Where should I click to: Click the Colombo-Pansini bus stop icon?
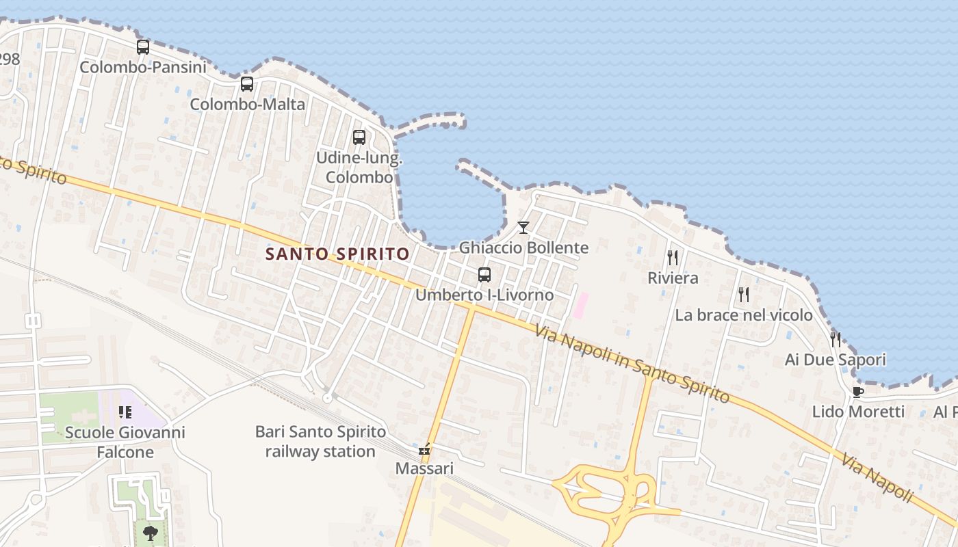pyautogui.click(x=143, y=47)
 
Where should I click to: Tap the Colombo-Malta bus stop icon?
pyautogui.click(x=247, y=84)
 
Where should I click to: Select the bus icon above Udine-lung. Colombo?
pyautogui.click(x=359, y=137)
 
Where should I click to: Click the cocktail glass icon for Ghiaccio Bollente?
pyautogui.click(x=523, y=227)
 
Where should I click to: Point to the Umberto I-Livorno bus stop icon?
pyautogui.click(x=484, y=275)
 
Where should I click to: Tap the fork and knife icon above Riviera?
pyautogui.click(x=673, y=258)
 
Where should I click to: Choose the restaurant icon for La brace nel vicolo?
pyautogui.click(x=744, y=295)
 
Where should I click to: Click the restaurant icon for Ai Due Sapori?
pyautogui.click(x=835, y=339)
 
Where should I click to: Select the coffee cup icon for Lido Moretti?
pyautogui.click(x=857, y=392)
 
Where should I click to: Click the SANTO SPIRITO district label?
pyautogui.click(x=337, y=254)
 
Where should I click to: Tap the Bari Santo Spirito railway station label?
pyautogui.click(x=320, y=442)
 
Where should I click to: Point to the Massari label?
pyautogui.click(x=424, y=469)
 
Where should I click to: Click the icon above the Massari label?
pyautogui.click(x=424, y=449)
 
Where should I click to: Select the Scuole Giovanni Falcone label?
pyautogui.click(x=125, y=442)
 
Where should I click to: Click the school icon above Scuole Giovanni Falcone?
pyautogui.click(x=125, y=412)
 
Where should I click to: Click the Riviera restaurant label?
pyautogui.click(x=673, y=278)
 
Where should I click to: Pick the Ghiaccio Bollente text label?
pyautogui.click(x=523, y=247)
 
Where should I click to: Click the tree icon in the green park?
pyautogui.click(x=150, y=532)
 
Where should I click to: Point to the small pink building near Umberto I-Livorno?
pyautogui.click(x=580, y=305)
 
